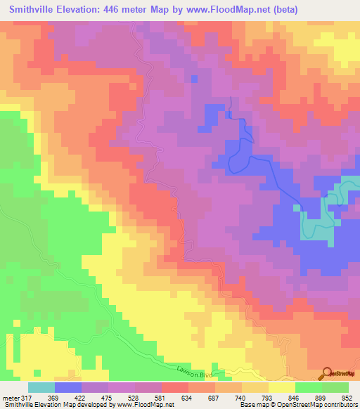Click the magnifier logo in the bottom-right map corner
[x=328, y=372]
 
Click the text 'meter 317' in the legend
[x=17, y=397]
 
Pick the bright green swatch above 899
[x=309, y=387]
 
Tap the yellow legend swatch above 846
[x=282, y=387]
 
